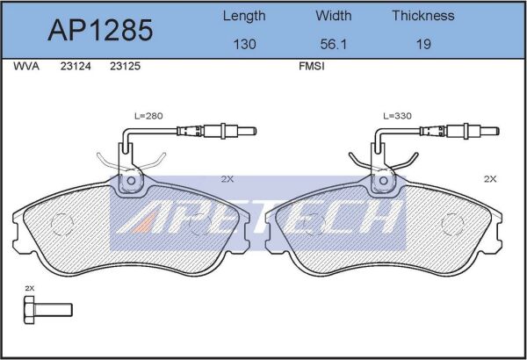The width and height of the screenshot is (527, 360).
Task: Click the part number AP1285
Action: (x=100, y=30)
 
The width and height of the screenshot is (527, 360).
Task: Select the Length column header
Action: (x=244, y=16)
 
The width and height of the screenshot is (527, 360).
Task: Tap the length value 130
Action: (x=244, y=44)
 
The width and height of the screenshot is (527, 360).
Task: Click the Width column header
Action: (x=334, y=16)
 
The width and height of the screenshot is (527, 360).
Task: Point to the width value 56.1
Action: (x=333, y=44)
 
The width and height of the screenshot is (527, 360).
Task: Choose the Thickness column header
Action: (x=423, y=16)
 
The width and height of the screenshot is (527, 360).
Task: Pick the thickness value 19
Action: (x=423, y=44)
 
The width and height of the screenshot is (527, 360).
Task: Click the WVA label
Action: (x=26, y=66)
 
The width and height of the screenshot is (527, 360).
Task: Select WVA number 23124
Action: (x=76, y=66)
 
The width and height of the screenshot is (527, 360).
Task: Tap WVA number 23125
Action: (x=125, y=66)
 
